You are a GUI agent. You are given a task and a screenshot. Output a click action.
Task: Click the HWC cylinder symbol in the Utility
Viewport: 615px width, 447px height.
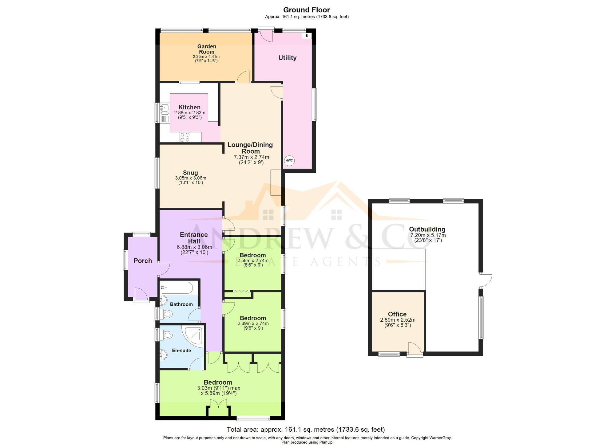point(289,160)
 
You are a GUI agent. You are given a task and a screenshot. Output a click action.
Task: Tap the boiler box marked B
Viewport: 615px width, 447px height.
point(307,36)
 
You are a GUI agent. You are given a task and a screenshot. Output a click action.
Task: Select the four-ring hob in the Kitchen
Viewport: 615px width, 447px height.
point(185,137)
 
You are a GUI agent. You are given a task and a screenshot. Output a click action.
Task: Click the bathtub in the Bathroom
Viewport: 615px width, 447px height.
point(177,288)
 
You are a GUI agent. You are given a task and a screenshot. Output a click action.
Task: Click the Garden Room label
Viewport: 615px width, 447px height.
point(207,49)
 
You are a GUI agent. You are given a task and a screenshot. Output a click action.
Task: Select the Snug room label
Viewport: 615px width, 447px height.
point(190,173)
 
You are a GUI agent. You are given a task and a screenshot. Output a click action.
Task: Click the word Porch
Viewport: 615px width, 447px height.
point(143,261)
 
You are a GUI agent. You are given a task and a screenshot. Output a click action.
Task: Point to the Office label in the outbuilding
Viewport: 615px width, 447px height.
point(397,314)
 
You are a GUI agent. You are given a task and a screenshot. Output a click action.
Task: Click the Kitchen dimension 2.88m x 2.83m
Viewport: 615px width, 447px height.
point(190,113)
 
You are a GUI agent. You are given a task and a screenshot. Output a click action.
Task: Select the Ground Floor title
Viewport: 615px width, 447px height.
point(307,10)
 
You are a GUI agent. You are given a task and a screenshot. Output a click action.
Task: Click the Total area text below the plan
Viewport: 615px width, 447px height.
point(306,429)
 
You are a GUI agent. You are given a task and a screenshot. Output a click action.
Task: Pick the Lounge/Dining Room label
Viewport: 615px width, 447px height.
point(250,148)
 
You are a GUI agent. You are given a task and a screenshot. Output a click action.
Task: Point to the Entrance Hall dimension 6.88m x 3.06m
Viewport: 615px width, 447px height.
point(194,247)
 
